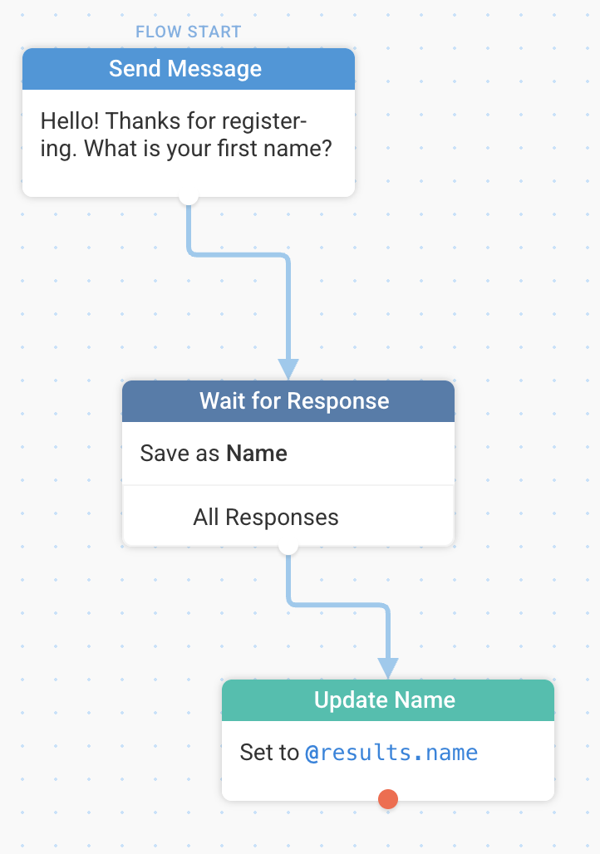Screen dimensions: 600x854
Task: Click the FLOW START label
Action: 188,32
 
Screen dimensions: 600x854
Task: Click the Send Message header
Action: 189,69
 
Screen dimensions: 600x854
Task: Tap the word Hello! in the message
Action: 70,121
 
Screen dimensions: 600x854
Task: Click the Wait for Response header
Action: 288,401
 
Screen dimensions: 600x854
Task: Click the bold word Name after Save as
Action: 257,453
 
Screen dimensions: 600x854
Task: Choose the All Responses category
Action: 266,517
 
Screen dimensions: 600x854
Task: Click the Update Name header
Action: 388,700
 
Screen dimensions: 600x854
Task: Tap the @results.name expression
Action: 391,753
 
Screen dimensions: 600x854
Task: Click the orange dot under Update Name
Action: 388,799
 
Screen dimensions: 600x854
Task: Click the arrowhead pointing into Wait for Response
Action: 288,370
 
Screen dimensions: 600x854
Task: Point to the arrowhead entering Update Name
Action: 388,669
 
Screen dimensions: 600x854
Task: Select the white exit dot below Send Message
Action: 189,197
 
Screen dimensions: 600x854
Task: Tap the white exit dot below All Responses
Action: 288,547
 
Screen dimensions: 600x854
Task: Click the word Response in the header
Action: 338,401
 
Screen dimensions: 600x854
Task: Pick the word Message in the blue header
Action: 214,69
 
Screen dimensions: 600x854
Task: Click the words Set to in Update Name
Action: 270,753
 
